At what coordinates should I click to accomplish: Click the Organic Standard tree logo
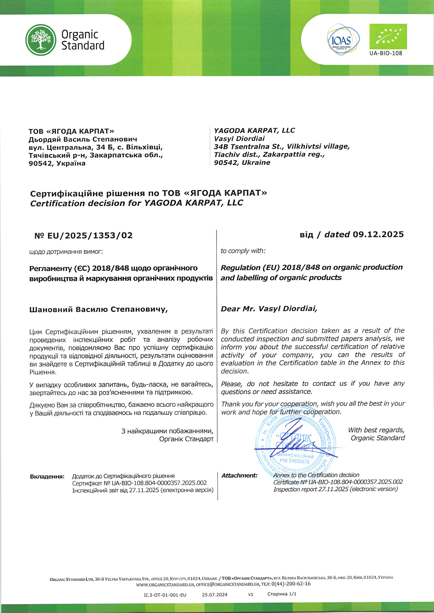41,40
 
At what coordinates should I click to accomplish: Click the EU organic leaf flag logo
388,37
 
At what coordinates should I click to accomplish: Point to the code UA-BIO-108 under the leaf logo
386,53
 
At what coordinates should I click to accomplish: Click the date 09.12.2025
378,234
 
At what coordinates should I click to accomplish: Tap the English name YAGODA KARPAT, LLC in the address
254,130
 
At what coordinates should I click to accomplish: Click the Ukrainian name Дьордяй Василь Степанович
83,139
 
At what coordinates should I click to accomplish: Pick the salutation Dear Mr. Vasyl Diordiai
269,309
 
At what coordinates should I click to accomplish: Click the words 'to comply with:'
243,251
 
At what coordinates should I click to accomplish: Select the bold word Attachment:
239,476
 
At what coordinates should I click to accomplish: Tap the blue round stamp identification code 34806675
294,462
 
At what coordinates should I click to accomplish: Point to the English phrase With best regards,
376,430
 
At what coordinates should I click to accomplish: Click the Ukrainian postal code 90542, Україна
57,163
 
